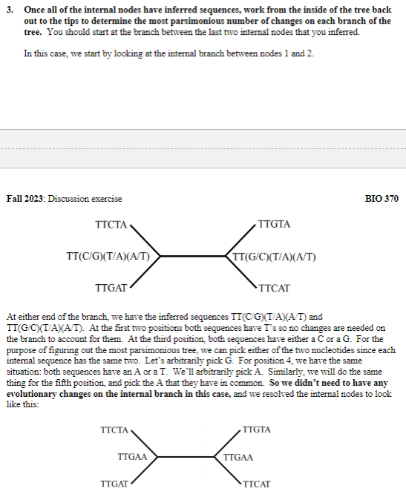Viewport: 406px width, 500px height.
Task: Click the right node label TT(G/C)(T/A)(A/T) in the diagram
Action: (275, 257)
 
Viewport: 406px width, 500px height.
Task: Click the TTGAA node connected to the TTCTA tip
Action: (132, 457)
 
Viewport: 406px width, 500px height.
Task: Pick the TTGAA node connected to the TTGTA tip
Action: (238, 457)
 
